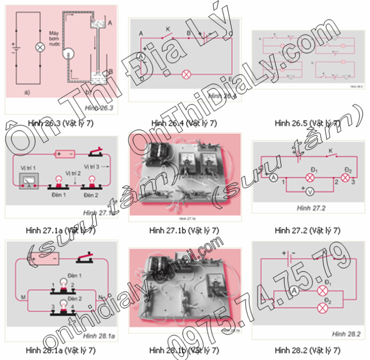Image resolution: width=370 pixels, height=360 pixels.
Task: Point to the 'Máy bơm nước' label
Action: click(x=56, y=38)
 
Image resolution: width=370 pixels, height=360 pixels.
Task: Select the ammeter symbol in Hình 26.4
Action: click(x=141, y=56)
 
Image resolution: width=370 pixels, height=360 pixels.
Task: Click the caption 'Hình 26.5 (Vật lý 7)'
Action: click(x=307, y=123)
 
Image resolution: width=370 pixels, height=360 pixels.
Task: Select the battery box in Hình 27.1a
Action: click(x=65, y=153)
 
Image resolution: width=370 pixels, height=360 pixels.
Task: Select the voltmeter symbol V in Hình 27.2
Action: click(x=309, y=189)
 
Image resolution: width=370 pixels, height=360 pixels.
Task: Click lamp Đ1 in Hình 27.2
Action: click(x=309, y=177)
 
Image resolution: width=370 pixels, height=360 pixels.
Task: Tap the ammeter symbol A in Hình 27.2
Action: click(x=273, y=177)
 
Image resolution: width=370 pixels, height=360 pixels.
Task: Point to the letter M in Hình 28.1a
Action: click(x=23, y=297)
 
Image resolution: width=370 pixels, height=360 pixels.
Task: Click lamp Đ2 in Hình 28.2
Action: click(x=323, y=307)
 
